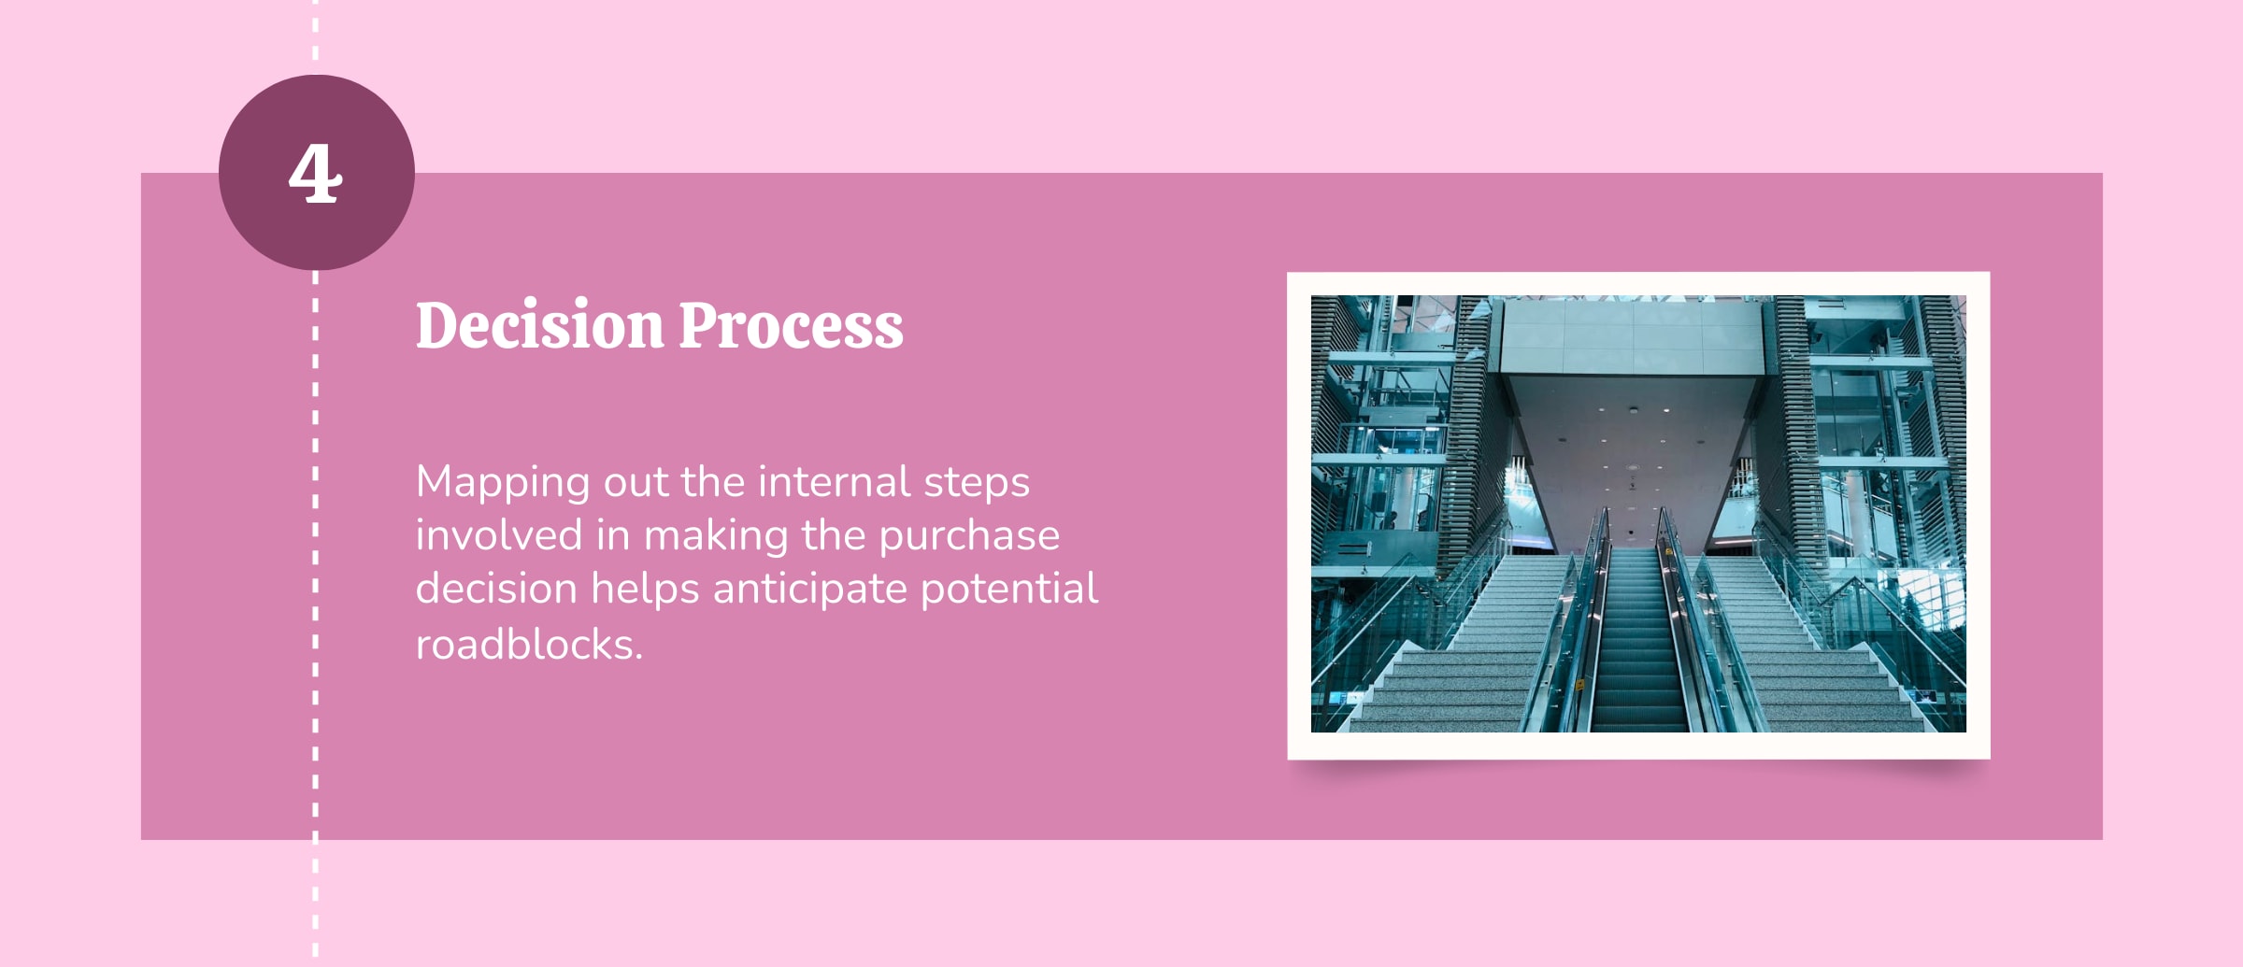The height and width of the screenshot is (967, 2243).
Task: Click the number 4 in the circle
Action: pyautogui.click(x=316, y=174)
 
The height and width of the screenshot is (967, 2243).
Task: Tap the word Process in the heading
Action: pyautogui.click(x=791, y=327)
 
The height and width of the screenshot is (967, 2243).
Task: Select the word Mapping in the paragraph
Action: pyautogui.click(x=503, y=483)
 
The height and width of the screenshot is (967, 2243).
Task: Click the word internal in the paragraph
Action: pyautogui.click(x=834, y=482)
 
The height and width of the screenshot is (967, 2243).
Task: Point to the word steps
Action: pyautogui.click(x=976, y=484)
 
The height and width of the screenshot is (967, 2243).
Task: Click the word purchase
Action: pyautogui.click(x=968, y=537)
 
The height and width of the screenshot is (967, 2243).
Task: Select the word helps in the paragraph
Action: pyautogui.click(x=644, y=590)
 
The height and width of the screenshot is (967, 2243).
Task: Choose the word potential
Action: pyautogui.click(x=1008, y=590)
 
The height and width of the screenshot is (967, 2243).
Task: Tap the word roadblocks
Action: pyautogui.click(x=527, y=645)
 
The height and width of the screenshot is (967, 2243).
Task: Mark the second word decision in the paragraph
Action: pyautogui.click(x=495, y=590)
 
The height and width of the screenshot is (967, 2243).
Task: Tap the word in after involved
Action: pyautogui.click(x=612, y=535)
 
